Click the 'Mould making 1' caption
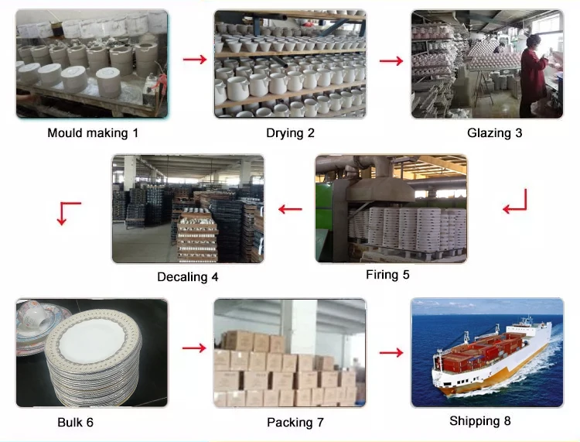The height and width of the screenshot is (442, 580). tap(93, 132)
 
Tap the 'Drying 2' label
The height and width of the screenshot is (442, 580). tap(290, 132)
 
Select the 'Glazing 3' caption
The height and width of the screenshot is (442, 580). tap(494, 132)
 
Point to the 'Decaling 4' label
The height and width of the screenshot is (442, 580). tap(188, 276)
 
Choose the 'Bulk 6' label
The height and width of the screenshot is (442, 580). tap(75, 422)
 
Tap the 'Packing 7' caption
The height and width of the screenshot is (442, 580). tap(295, 422)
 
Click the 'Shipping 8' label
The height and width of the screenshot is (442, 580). tap(480, 421)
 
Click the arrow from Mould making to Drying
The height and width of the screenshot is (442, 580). tap(194, 60)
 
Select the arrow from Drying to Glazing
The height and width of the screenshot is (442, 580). tap(391, 60)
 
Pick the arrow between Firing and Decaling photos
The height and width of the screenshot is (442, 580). tap(290, 207)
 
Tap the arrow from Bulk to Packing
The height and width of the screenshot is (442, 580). tap(193, 349)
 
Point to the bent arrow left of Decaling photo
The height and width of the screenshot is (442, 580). tap(69, 212)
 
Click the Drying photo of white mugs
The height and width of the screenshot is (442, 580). tap(290, 63)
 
